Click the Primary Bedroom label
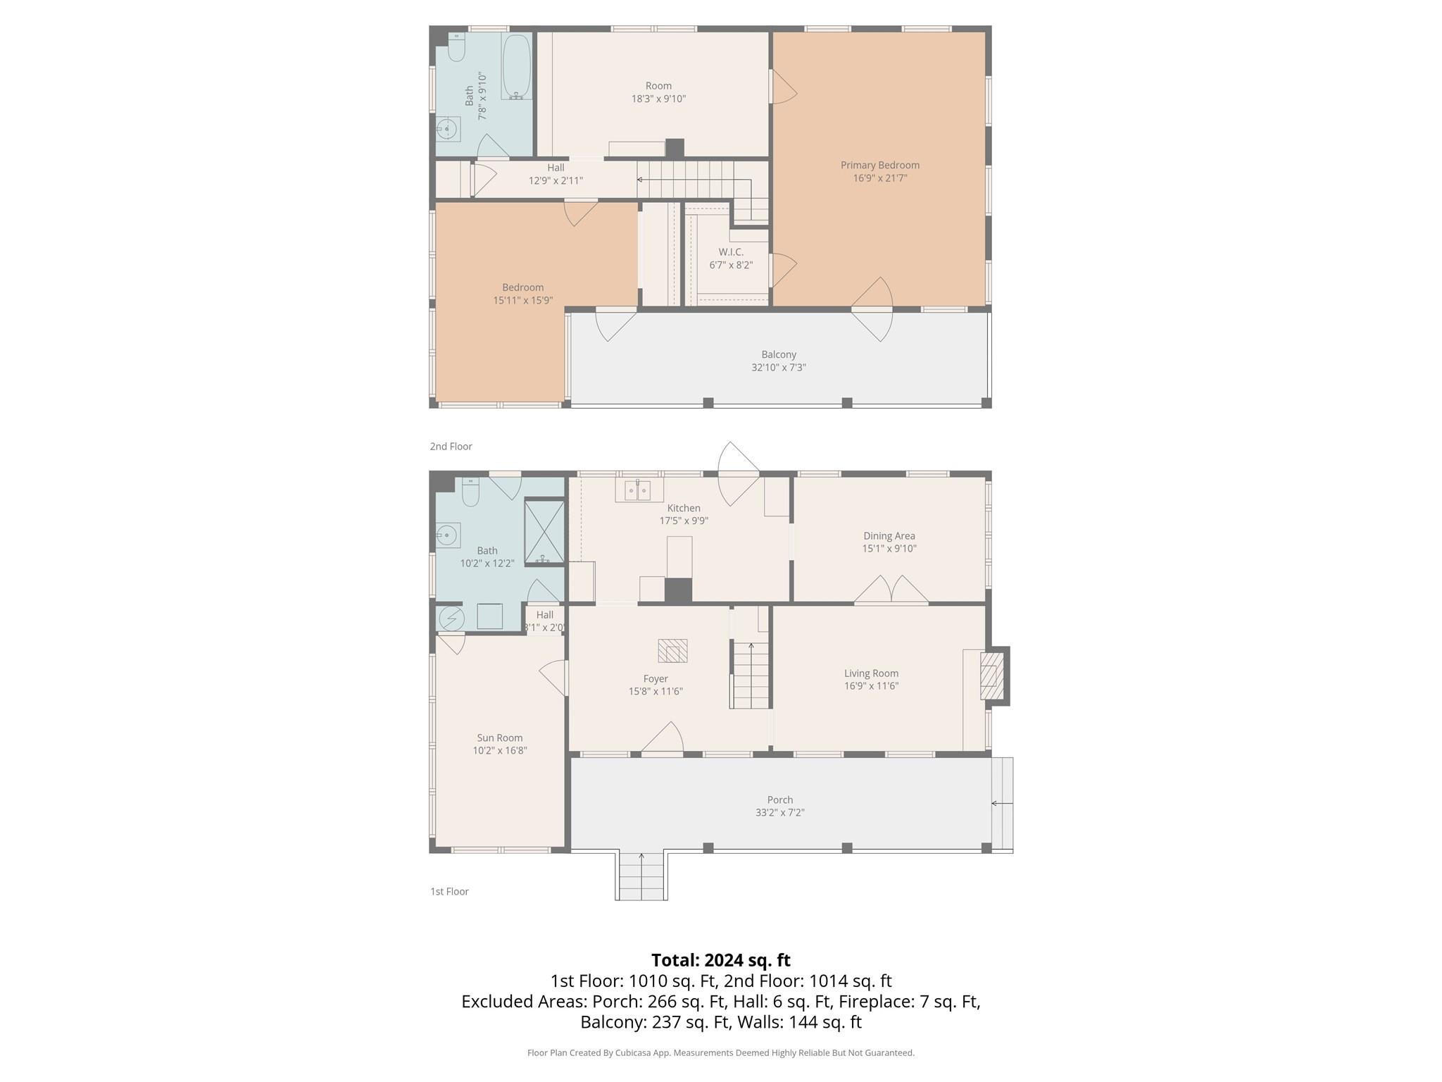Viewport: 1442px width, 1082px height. point(879,165)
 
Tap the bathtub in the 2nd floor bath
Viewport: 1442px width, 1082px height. point(516,67)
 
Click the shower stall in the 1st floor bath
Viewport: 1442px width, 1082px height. point(544,532)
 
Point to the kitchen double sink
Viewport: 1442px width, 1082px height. point(638,490)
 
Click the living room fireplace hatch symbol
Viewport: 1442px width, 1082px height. point(992,676)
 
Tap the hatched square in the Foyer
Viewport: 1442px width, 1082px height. point(672,650)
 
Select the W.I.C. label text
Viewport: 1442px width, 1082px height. point(731,252)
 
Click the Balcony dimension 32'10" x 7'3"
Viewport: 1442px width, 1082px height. point(778,368)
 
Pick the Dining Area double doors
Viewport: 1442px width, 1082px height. point(891,590)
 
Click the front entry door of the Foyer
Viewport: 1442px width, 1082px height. point(663,740)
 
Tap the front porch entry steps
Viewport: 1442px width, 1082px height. point(641,877)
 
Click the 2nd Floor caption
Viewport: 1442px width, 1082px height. point(451,447)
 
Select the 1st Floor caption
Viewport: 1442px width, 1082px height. point(449,892)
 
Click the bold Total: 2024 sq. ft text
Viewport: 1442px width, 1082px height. point(720,960)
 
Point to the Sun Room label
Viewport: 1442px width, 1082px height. point(500,738)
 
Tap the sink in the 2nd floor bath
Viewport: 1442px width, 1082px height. point(446,130)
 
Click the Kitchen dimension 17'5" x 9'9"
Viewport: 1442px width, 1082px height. point(684,521)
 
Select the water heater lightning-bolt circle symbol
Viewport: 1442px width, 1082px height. point(451,618)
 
